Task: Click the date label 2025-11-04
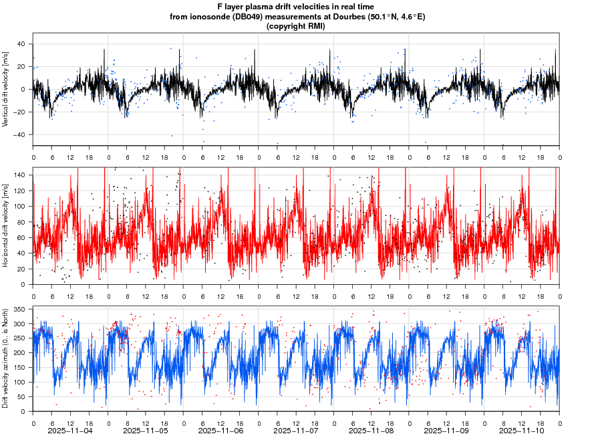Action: pyautogui.click(x=71, y=431)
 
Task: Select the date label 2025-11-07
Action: pyautogui.click(x=296, y=431)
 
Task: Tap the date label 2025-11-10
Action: pyautogui.click(x=522, y=431)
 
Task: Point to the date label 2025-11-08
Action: pyautogui.click(x=372, y=431)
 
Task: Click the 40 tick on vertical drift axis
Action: pyautogui.click(x=21, y=44)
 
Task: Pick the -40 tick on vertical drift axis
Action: pyautogui.click(x=19, y=134)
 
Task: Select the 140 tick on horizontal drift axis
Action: pyautogui.click(x=19, y=175)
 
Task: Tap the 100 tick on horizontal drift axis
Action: pyautogui.click(x=19, y=206)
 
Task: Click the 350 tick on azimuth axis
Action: pyautogui.click(x=19, y=309)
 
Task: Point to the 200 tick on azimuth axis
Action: pyautogui.click(x=19, y=352)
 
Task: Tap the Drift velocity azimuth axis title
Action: pyautogui.click(x=6, y=358)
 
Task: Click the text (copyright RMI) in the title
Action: pyautogui.click(x=295, y=26)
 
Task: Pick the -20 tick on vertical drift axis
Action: pyautogui.click(x=19, y=112)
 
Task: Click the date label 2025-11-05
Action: pyautogui.click(x=146, y=431)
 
